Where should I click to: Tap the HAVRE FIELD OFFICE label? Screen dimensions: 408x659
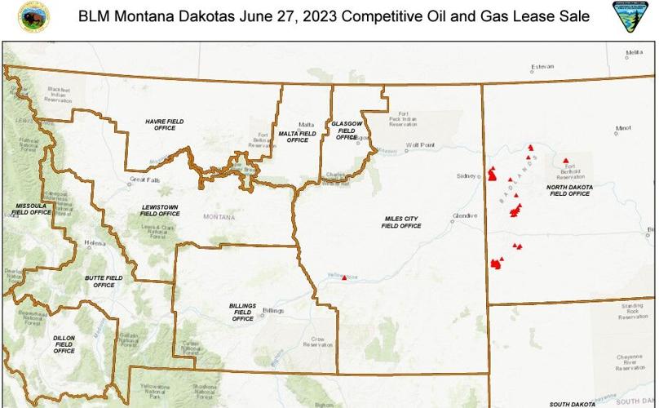165,124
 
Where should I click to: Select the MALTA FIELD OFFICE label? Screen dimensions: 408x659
298,135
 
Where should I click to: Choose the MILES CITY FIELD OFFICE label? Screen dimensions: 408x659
401,222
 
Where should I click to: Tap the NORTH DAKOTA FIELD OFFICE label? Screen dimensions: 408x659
569,190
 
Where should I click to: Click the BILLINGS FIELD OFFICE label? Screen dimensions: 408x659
242,312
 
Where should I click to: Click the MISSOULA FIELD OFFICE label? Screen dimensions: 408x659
33,208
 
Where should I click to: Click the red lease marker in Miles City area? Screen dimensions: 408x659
345,278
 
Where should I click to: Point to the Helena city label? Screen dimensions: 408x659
95,243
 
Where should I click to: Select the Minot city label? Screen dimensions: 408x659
623,128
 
